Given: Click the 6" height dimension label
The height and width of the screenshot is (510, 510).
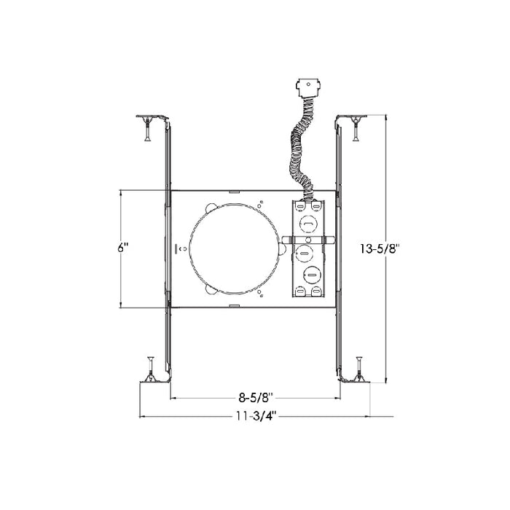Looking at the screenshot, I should point(123,247).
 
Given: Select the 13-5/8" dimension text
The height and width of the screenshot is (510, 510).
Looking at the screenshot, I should point(380,248).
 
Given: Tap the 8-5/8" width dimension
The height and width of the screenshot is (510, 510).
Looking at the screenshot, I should point(255,398).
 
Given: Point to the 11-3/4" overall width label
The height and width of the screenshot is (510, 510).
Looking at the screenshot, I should point(255,416).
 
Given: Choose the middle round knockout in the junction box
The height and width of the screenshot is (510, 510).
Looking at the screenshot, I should point(304,253).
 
